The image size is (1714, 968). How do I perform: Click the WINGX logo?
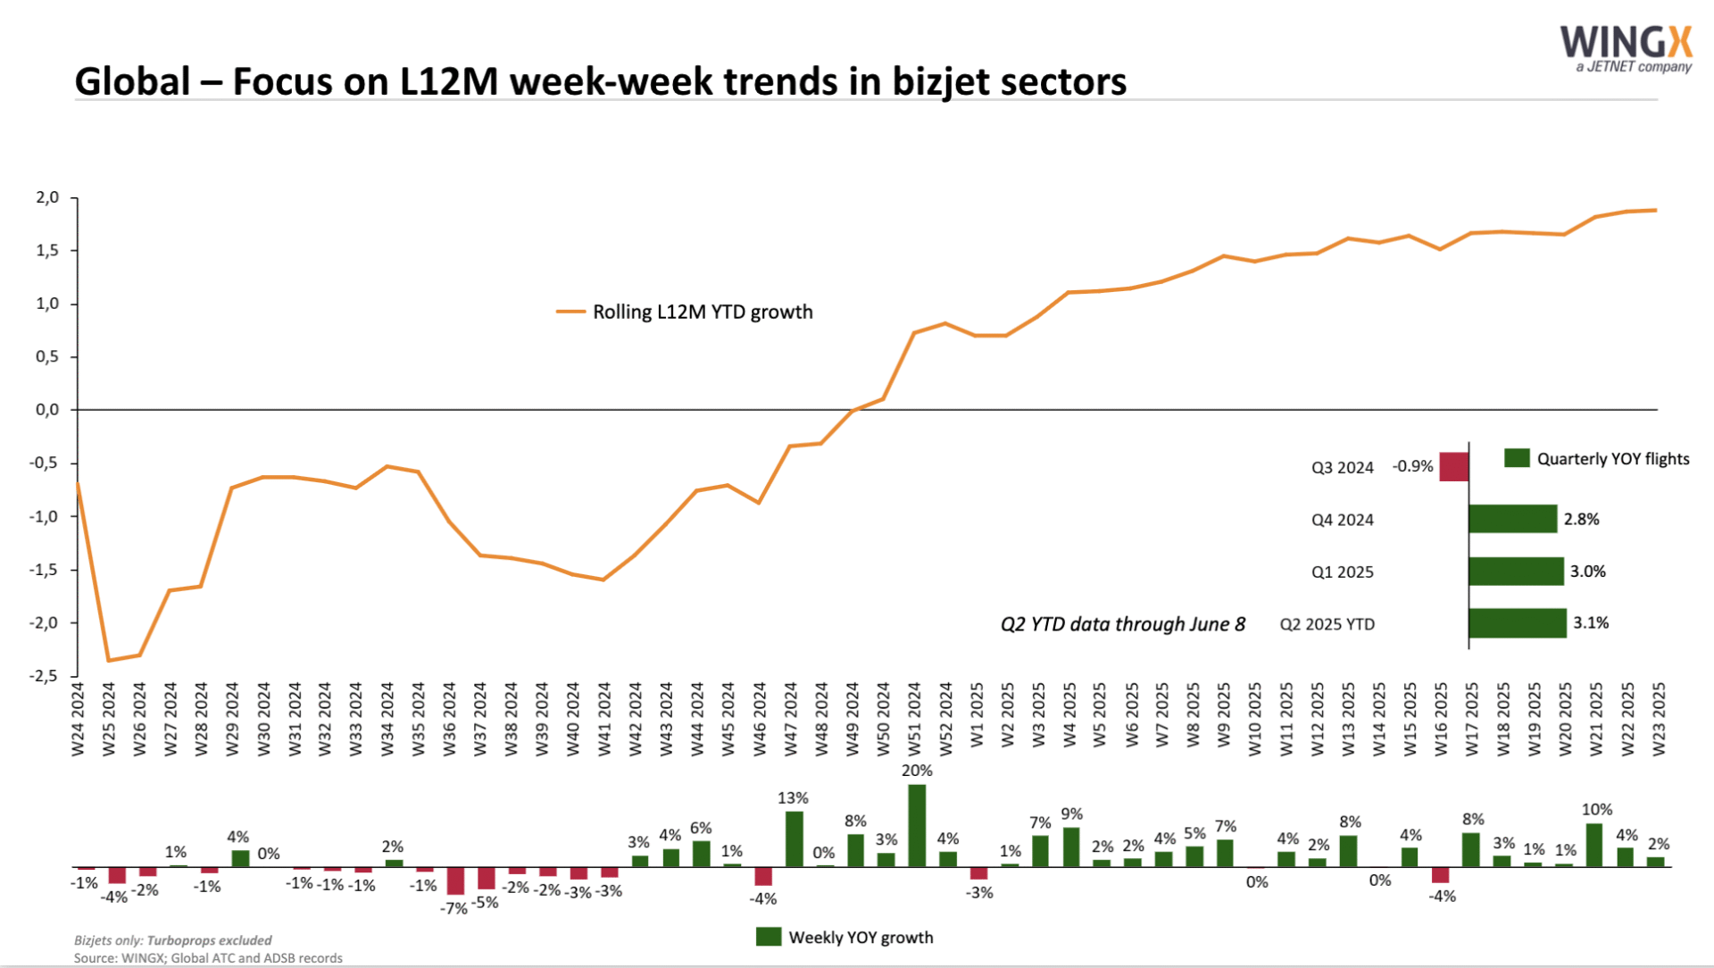point(1626,49)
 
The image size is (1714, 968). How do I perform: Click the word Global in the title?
point(133,81)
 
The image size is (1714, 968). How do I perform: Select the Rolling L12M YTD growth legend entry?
point(685,312)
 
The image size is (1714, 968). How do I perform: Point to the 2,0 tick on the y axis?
point(47,197)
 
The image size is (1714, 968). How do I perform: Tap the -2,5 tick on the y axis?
point(44,676)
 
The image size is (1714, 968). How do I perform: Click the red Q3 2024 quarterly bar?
point(1453,467)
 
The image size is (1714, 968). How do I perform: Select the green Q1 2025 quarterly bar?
point(1516,572)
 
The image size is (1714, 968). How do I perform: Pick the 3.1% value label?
point(1591,622)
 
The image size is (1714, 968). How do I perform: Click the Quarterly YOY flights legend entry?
point(1597,459)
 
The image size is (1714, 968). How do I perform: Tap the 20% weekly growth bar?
point(917,825)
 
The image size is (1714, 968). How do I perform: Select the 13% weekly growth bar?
point(794,839)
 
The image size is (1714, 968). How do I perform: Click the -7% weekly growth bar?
point(455,880)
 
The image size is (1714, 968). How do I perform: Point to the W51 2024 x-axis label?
point(914,719)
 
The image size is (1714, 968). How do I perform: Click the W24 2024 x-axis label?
point(78,719)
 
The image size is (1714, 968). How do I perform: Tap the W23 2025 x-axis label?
point(1659,719)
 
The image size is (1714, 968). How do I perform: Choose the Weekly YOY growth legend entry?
point(845,937)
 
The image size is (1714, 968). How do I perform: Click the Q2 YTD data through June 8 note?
point(1123,624)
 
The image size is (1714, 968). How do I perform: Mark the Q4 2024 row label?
point(1342,520)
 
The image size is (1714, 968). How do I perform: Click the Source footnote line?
point(208,958)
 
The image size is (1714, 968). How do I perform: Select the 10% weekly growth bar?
point(1595,845)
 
